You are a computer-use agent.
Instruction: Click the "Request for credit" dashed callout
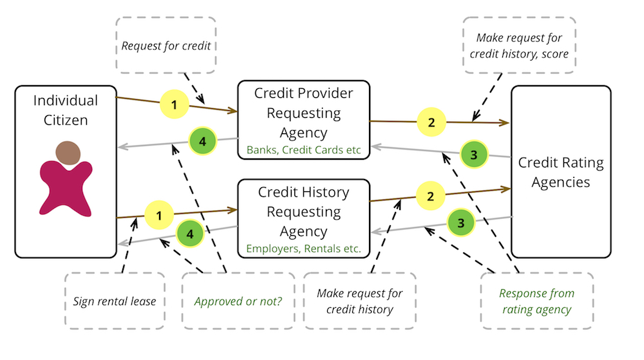(x=166, y=45)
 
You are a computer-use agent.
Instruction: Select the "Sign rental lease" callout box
(x=114, y=301)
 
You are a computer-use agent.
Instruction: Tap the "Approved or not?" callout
(x=238, y=301)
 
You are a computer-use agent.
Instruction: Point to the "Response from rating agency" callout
(x=537, y=301)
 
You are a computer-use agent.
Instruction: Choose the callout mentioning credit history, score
(x=519, y=46)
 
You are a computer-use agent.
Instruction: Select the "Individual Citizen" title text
(x=66, y=110)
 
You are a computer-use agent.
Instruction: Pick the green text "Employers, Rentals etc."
(x=303, y=248)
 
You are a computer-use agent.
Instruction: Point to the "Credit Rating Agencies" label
(x=560, y=172)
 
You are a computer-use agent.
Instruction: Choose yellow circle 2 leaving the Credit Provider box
(x=432, y=121)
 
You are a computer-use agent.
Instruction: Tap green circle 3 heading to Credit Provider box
(x=474, y=155)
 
